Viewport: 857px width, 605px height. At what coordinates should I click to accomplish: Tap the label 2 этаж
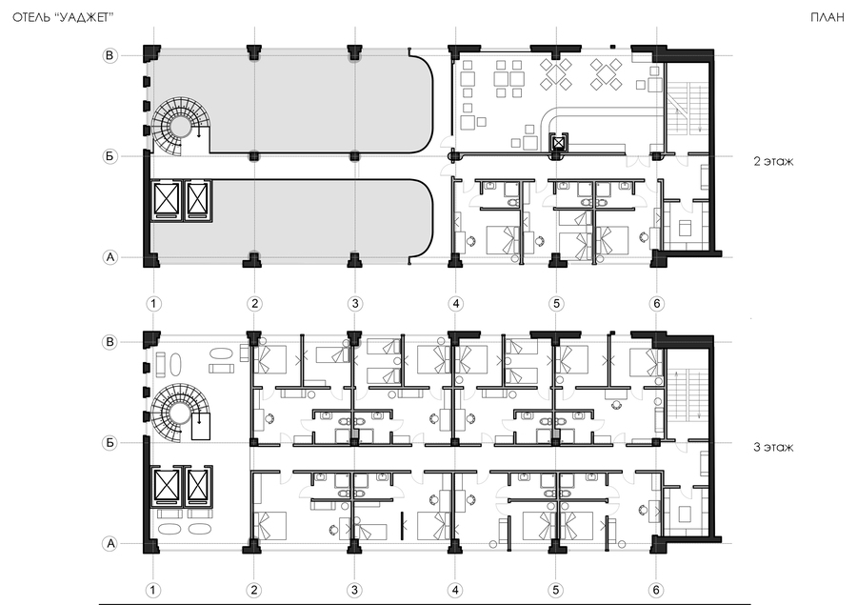[773, 161]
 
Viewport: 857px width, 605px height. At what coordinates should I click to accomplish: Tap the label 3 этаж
[773, 447]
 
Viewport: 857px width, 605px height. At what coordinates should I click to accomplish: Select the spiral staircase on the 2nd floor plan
[176, 127]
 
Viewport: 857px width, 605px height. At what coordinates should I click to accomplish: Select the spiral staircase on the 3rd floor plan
[176, 413]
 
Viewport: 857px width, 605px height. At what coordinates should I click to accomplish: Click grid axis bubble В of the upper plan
[110, 55]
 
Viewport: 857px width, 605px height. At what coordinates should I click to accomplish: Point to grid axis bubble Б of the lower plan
[110, 442]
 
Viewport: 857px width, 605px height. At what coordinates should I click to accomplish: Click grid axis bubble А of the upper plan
[110, 257]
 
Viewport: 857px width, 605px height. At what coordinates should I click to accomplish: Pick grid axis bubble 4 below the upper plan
[455, 304]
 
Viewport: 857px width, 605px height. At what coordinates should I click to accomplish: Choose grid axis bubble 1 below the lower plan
[153, 590]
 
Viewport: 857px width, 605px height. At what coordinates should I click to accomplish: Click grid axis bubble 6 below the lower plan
[656, 590]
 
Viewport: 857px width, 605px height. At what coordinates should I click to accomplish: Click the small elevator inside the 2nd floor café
[557, 143]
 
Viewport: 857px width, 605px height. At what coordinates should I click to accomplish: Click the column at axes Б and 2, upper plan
[254, 156]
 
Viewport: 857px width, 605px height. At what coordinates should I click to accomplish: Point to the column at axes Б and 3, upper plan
[355, 156]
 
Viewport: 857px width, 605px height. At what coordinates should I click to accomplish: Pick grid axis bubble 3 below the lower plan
[355, 590]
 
